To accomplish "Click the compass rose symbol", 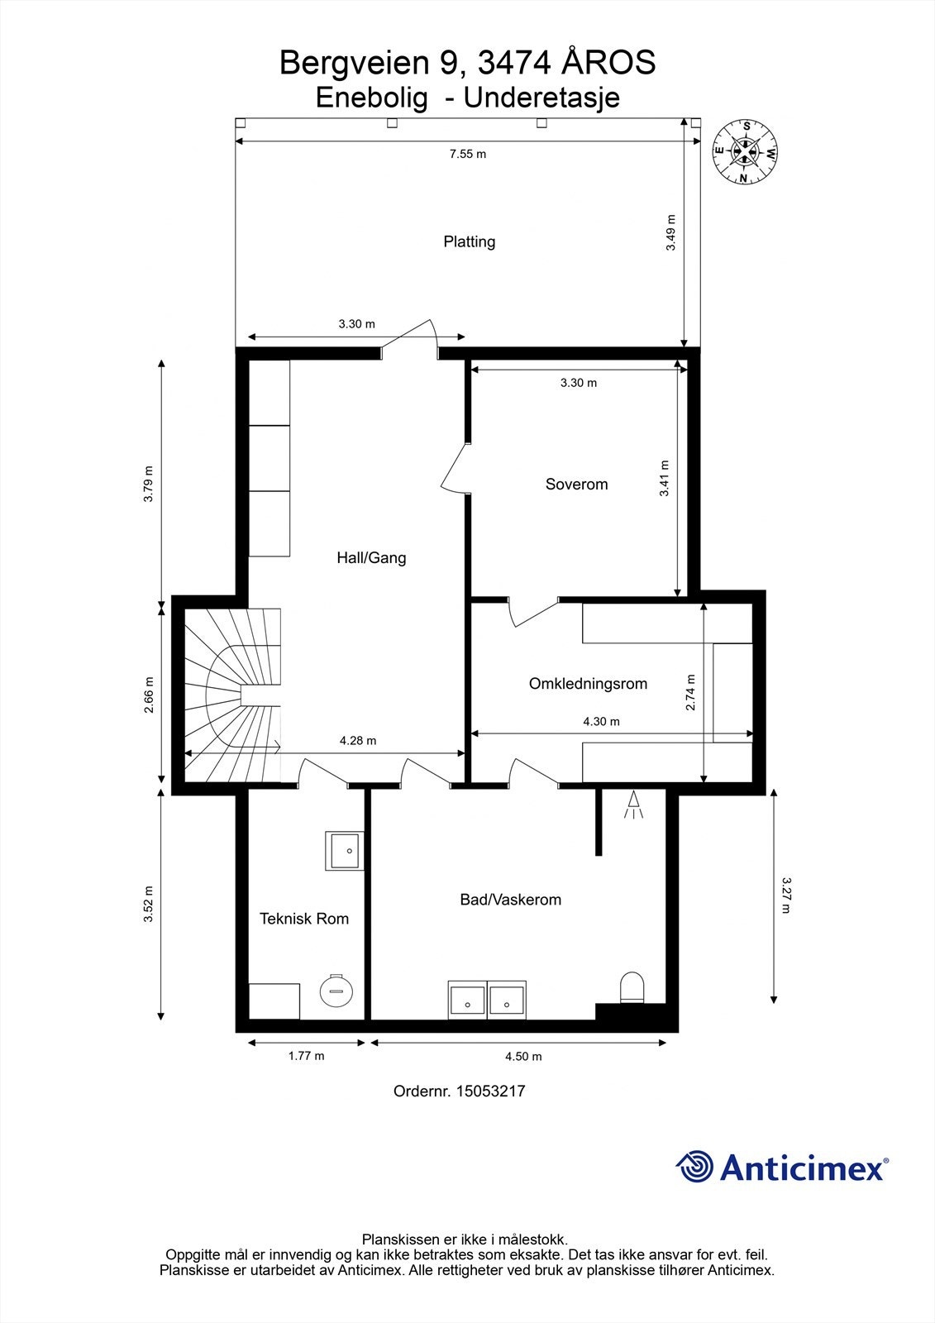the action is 746,152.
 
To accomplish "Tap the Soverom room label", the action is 576,485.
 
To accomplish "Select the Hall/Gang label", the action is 371,558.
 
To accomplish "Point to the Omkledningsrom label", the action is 588,683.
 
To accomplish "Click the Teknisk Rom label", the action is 304,919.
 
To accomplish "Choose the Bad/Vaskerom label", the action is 510,900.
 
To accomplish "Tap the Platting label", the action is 469,241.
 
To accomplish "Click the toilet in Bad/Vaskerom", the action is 632,987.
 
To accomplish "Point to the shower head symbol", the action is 634,805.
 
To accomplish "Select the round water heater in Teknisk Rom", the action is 336,991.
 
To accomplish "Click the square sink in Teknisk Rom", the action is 345,851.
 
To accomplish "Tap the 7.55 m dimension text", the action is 468,154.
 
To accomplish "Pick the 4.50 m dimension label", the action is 523,1057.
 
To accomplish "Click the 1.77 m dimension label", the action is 306,1056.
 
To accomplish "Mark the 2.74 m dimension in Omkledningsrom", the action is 689,692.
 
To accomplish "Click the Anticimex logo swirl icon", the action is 694,1167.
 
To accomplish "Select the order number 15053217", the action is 490,1091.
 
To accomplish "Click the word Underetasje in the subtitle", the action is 541,98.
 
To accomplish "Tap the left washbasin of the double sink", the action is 467,1000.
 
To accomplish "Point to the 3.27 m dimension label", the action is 785,896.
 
